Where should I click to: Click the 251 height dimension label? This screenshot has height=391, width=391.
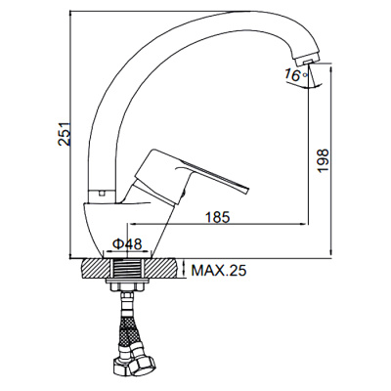pos(65,134)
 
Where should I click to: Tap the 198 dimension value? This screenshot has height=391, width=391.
pos(324,161)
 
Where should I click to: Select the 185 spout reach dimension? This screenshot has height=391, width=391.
pos(218,217)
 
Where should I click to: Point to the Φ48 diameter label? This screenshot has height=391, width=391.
pos(127,243)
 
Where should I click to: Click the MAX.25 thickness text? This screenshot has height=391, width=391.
pos(218,270)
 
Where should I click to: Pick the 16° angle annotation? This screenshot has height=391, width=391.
pos(295,75)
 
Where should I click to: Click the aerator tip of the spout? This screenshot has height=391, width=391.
pos(305,61)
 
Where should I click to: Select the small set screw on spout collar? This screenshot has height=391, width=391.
pos(102,194)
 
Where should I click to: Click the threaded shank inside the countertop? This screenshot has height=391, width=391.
pos(127,269)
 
